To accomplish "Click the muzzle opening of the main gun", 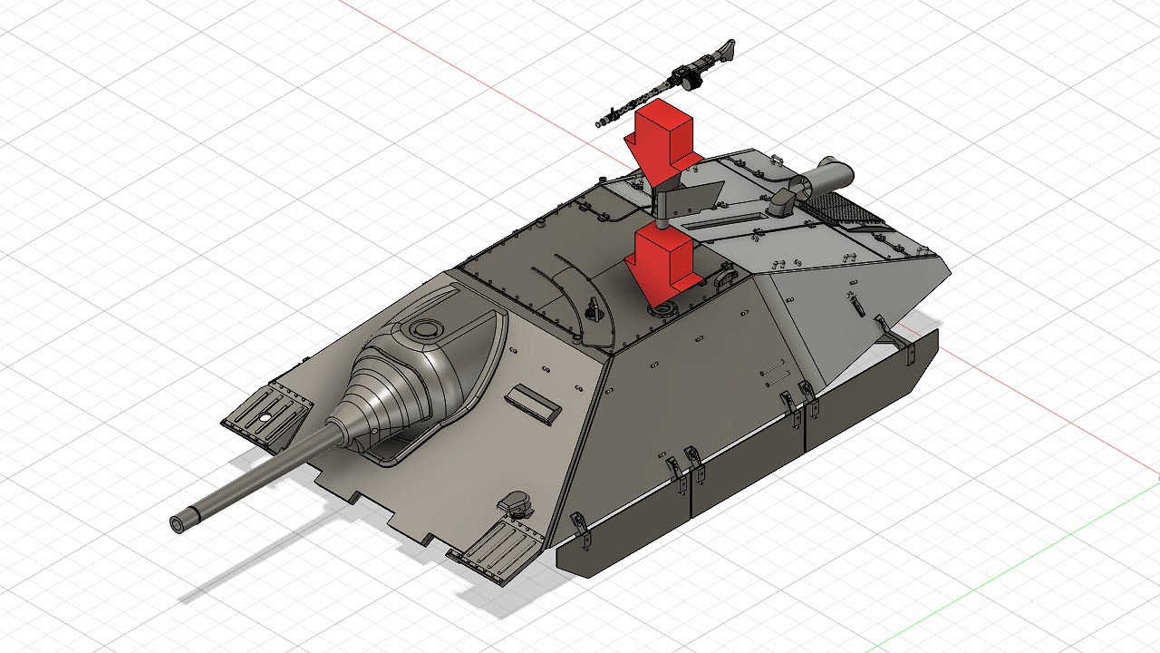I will tap(179, 522).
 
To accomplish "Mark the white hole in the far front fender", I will tap(267, 417).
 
